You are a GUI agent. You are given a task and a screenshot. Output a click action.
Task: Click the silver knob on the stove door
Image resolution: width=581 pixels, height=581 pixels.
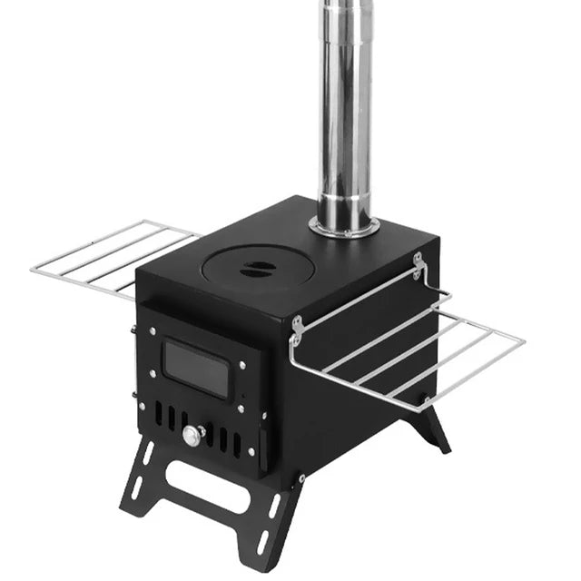[192, 435]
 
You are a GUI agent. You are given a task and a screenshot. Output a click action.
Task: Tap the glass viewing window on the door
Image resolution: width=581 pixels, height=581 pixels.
[196, 369]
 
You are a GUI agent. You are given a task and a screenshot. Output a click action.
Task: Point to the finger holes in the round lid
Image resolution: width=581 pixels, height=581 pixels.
[259, 269]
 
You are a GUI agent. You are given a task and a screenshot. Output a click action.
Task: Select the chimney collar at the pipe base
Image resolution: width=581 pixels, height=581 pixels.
[344, 226]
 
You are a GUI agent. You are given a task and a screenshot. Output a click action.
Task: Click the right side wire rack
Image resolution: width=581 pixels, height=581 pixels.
[427, 350]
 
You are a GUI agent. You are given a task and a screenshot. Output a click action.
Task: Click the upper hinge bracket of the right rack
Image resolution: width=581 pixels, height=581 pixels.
[418, 265]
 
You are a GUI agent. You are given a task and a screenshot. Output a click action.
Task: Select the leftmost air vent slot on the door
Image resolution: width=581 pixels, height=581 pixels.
[156, 414]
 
